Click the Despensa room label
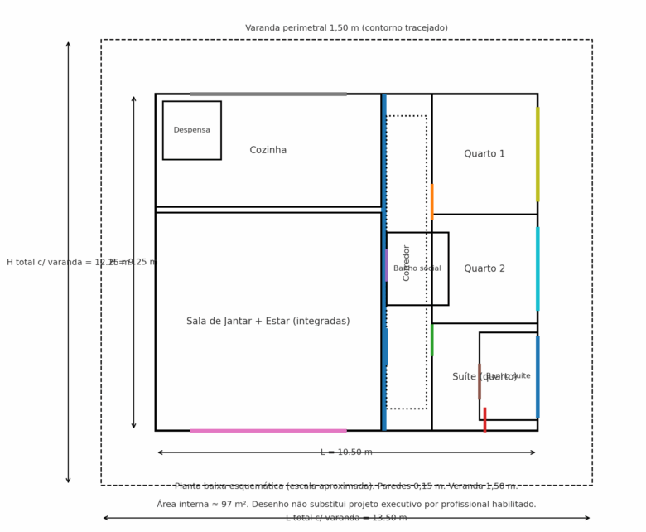[191, 130]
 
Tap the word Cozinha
[268, 150]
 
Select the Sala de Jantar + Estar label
[268, 321]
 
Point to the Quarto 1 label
[485, 154]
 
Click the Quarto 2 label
[485, 268]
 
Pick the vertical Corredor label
[407, 263]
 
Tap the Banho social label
[417, 268]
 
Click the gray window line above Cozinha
[268, 94]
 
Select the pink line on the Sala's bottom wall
[268, 430]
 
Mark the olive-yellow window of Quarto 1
[538, 154]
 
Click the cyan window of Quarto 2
[538, 268]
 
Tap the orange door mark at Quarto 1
[431, 201]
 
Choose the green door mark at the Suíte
[431, 340]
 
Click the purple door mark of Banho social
[386, 265]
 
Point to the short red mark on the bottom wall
[485, 419]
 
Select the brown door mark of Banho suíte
[479, 380]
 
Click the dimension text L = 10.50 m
[346, 452]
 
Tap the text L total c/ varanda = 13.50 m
[346, 518]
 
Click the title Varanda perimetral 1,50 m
[346, 28]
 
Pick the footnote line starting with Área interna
[346, 504]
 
